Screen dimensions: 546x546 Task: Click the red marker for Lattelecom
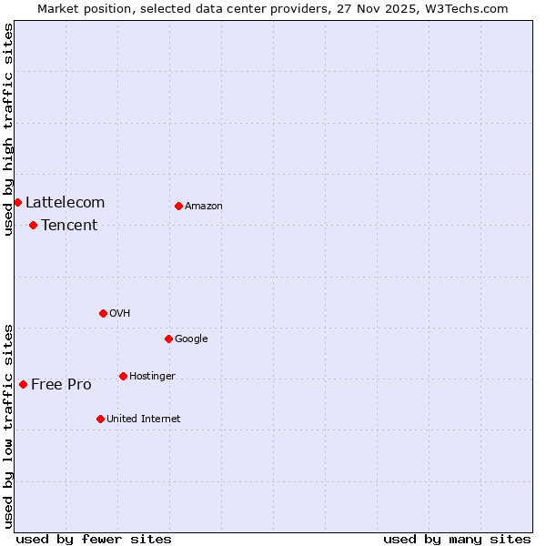17,202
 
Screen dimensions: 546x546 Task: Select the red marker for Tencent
33,225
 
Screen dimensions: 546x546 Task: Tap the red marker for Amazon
178,206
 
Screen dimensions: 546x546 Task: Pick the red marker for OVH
103,313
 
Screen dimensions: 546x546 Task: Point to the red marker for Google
168,339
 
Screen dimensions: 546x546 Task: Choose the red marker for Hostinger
123,376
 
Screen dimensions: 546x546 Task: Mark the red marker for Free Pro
23,384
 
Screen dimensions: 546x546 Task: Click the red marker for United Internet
100,419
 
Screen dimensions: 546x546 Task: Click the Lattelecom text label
65,202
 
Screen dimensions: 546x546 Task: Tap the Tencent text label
69,225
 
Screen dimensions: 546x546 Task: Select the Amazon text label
204,206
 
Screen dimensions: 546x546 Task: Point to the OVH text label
120,313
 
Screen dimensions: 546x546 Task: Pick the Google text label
191,339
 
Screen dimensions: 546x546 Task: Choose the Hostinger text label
152,376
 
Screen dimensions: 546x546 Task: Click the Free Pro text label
61,384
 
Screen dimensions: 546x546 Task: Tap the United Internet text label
143,419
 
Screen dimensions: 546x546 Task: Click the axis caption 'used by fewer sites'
94,539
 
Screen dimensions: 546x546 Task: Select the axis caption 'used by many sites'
457,539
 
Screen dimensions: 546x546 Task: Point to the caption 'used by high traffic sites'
8,129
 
